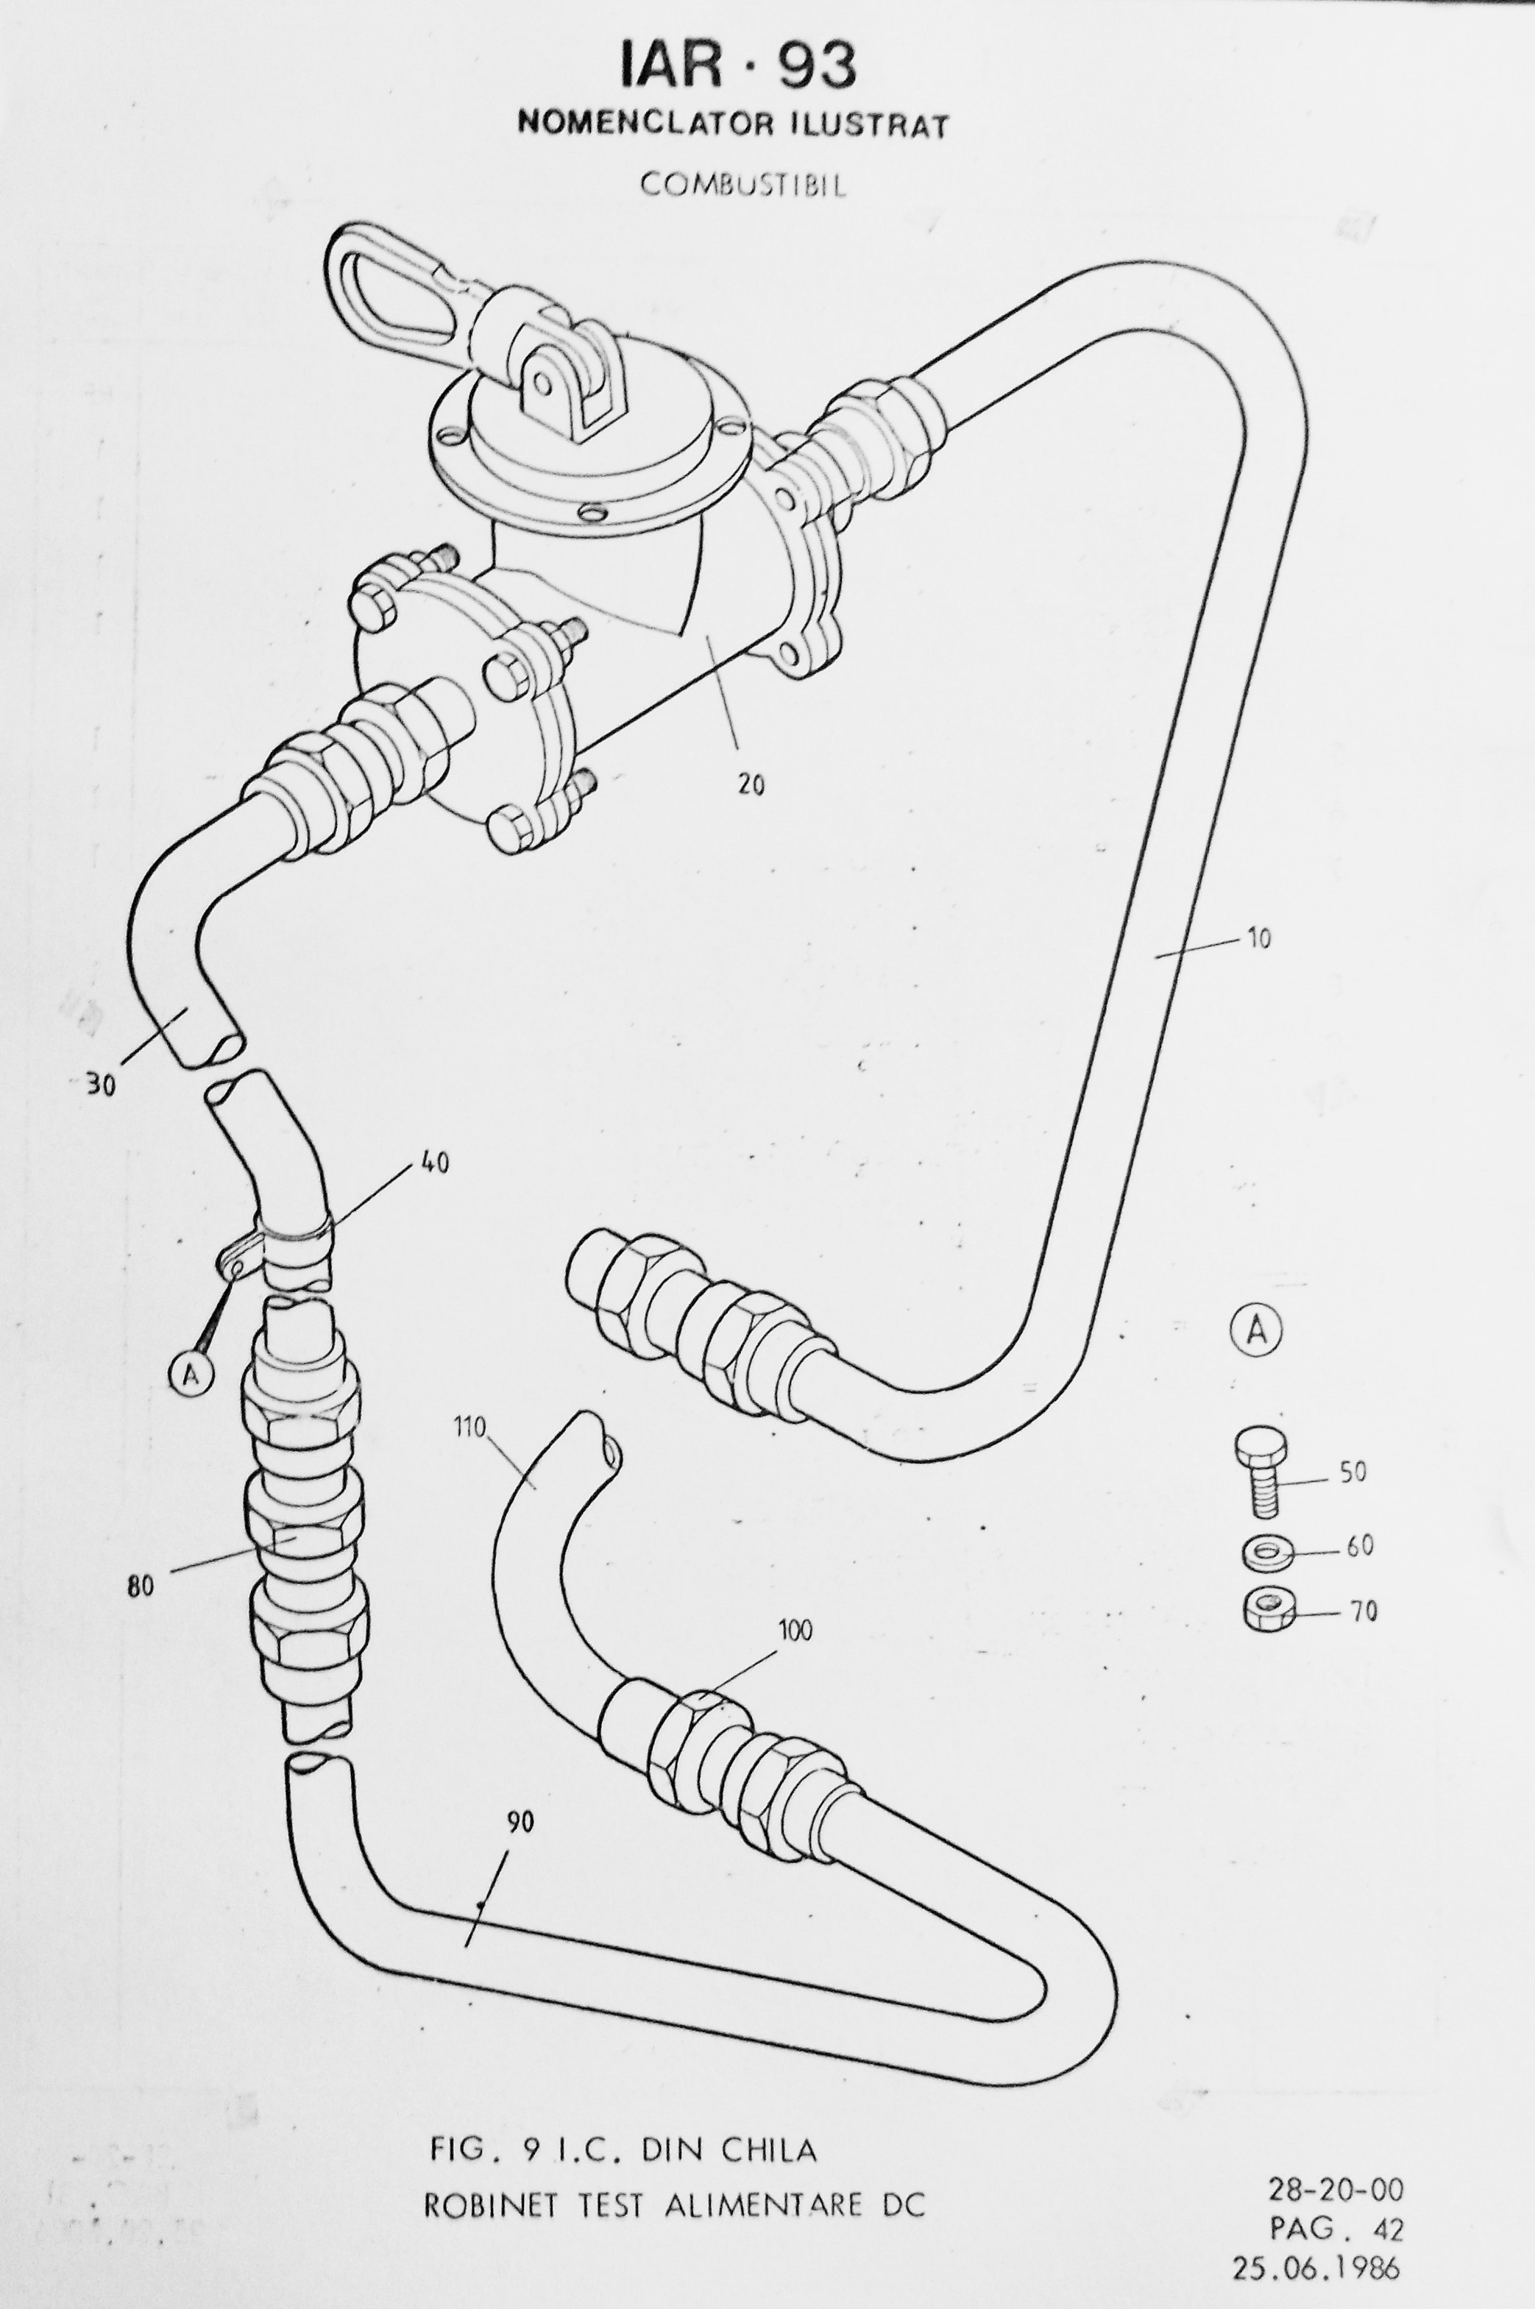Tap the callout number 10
[x=1258, y=939]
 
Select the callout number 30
[x=100, y=1085]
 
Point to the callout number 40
[x=435, y=1163]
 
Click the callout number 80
[x=140, y=1586]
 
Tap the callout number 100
[x=795, y=1631]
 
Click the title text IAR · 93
[x=738, y=65]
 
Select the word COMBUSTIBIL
[x=743, y=184]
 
